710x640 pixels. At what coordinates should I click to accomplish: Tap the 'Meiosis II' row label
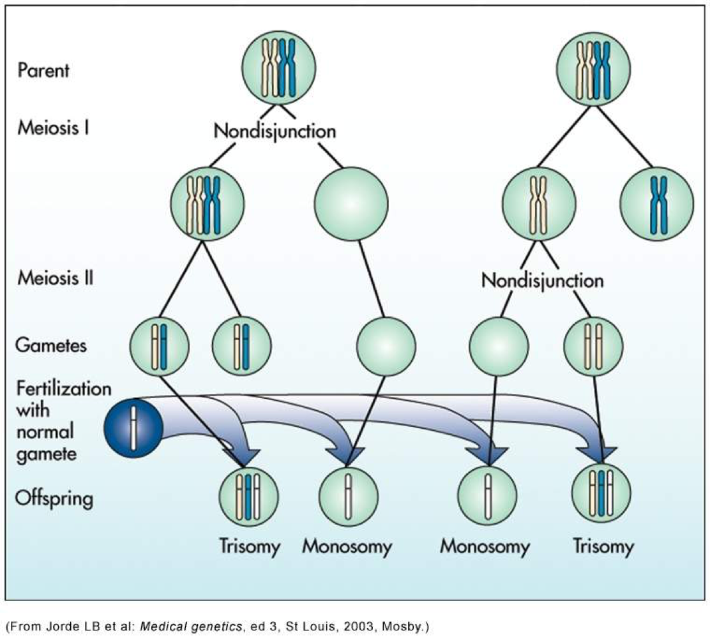(56, 278)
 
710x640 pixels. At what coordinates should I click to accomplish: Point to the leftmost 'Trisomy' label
(248, 547)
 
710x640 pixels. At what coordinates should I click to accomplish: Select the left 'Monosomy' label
(347, 547)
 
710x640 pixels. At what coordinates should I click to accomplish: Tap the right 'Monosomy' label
(485, 547)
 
